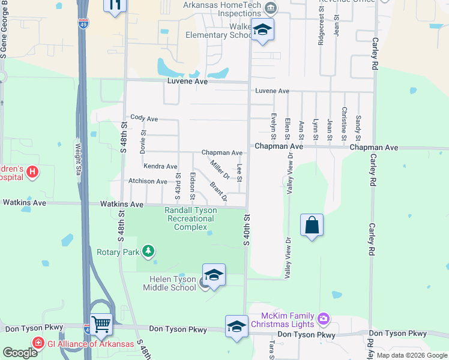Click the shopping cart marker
[101, 324]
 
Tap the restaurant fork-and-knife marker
[115, 5]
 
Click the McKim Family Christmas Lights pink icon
[324, 317]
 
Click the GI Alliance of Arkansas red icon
[38, 343]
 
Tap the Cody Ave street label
[143, 119]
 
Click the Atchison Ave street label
[147, 181]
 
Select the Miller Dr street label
[220, 169]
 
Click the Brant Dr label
[218, 190]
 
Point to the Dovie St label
[143, 142]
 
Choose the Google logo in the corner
[20, 353]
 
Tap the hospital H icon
[32, 173]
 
